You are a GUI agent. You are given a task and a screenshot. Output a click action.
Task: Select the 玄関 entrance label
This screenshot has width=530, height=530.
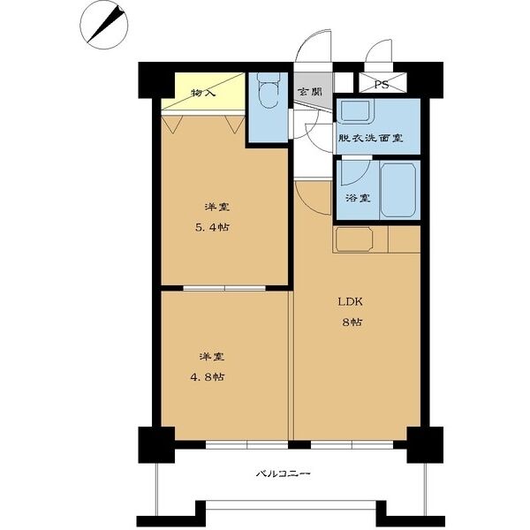pyautogui.click(x=309, y=92)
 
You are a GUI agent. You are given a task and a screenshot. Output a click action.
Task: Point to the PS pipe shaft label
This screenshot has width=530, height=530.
pyautogui.click(x=381, y=85)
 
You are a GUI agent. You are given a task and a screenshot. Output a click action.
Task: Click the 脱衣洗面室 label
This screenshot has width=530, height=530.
pyautogui.click(x=370, y=138)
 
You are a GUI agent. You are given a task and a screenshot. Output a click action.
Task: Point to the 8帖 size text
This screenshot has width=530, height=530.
pyautogui.click(x=351, y=322)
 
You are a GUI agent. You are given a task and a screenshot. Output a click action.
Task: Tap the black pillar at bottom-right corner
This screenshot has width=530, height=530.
pyautogui.click(x=424, y=443)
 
